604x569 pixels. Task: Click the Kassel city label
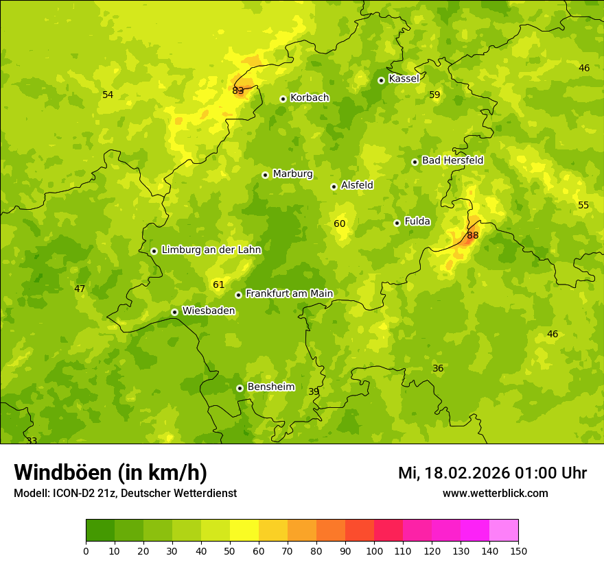click(404, 79)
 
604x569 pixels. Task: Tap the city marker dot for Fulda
click(397, 223)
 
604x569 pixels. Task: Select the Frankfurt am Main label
click(289, 293)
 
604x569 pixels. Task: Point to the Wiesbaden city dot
click(174, 312)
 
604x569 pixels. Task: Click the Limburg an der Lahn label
click(211, 250)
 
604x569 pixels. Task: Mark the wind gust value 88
click(472, 235)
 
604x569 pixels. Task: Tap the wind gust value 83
click(238, 90)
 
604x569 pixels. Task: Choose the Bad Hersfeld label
click(452, 160)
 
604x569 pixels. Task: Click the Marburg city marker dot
click(265, 175)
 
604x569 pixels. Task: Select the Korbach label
click(310, 98)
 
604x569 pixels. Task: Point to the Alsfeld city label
click(357, 185)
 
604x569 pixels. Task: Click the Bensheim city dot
click(240, 388)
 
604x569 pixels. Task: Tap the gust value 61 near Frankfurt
click(219, 284)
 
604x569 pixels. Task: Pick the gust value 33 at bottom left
click(32, 440)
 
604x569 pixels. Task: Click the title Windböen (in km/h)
click(111, 472)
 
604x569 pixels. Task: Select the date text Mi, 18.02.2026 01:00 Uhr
click(492, 473)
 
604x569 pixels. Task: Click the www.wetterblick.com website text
click(495, 493)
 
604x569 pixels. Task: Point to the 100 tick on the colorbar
click(374, 550)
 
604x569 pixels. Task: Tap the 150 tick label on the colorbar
click(518, 550)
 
